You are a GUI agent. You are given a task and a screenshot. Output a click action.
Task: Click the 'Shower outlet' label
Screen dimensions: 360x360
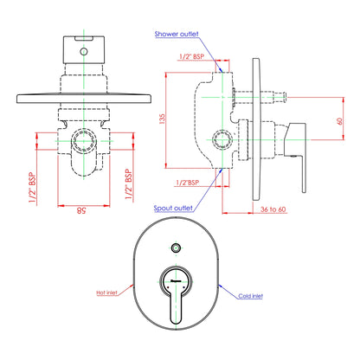tap(177, 34)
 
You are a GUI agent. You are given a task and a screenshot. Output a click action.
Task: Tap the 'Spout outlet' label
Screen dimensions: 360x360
tap(173, 208)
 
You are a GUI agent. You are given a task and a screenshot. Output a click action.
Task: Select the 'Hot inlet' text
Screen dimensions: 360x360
tap(107, 292)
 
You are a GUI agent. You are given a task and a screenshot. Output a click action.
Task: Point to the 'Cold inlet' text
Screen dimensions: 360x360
tap(251, 296)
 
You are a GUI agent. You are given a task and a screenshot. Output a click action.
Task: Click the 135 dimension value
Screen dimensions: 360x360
tap(163, 119)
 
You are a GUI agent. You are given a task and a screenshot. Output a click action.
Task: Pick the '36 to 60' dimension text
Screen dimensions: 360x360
tap(273, 209)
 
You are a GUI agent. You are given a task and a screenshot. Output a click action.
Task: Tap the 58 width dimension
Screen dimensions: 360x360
tap(81, 210)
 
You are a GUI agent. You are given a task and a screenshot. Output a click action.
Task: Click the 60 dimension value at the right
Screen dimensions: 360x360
tap(340, 121)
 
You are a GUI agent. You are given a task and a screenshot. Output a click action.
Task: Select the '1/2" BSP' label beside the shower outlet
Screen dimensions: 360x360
tap(191, 56)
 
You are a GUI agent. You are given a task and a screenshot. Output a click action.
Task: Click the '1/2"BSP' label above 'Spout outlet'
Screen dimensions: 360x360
tap(188, 183)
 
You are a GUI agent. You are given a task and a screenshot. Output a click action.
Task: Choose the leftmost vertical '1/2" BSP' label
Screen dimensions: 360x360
tap(32, 188)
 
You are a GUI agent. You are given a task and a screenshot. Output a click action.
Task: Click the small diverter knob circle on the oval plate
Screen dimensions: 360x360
tap(176, 247)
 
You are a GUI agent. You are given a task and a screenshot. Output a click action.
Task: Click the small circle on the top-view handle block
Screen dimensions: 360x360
tap(84, 52)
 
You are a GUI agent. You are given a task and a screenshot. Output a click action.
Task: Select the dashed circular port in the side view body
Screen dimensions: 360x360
tap(222, 140)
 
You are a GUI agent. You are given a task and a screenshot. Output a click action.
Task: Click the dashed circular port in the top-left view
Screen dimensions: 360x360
tap(84, 141)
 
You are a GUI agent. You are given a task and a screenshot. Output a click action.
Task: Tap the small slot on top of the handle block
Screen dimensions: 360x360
tap(84, 38)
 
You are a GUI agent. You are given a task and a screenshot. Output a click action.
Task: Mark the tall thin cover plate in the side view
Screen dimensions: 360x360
tap(257, 129)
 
